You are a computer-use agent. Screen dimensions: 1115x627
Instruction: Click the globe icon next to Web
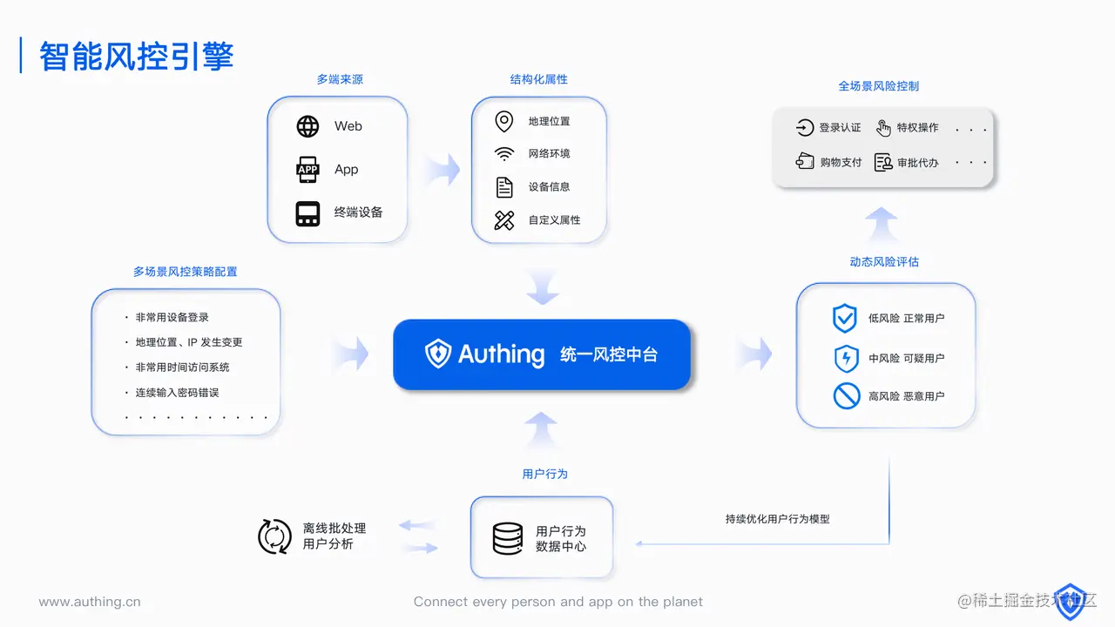[307, 126]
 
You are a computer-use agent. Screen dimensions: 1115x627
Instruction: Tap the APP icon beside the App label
[307, 170]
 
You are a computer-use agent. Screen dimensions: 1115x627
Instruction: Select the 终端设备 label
[358, 212]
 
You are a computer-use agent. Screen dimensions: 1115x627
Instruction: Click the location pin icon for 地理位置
[503, 121]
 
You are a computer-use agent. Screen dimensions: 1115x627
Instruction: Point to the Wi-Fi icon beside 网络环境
[503, 154]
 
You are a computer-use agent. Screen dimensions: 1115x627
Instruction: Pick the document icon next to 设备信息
[503, 187]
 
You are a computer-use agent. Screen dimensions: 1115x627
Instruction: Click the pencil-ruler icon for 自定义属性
[503, 220]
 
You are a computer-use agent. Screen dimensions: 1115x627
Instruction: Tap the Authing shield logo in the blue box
[437, 354]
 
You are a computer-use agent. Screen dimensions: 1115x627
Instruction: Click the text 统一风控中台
[609, 354]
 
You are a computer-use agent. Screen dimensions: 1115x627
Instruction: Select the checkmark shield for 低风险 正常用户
[845, 319]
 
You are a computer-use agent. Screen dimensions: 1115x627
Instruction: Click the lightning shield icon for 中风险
[846, 358]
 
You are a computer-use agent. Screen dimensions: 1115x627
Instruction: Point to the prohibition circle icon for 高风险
[846, 396]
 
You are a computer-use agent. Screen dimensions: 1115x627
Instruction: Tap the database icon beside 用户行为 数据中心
[508, 538]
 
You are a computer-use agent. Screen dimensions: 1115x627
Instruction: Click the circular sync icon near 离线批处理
[275, 536]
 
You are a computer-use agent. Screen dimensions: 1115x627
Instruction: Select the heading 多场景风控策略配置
[185, 272]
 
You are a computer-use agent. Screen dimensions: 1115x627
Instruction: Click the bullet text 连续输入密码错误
[177, 393]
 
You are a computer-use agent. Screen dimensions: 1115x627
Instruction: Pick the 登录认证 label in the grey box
[840, 128]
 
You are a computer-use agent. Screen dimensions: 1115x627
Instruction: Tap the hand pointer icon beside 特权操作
[883, 128]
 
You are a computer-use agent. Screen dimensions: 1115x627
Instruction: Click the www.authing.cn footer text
[90, 602]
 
